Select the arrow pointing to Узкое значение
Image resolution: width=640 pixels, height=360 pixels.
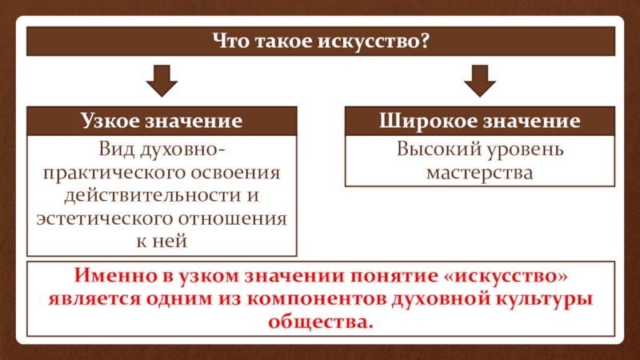click(x=161, y=81)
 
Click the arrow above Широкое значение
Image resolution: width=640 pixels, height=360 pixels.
click(x=480, y=81)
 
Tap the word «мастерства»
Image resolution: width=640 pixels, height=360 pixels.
click(x=479, y=172)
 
